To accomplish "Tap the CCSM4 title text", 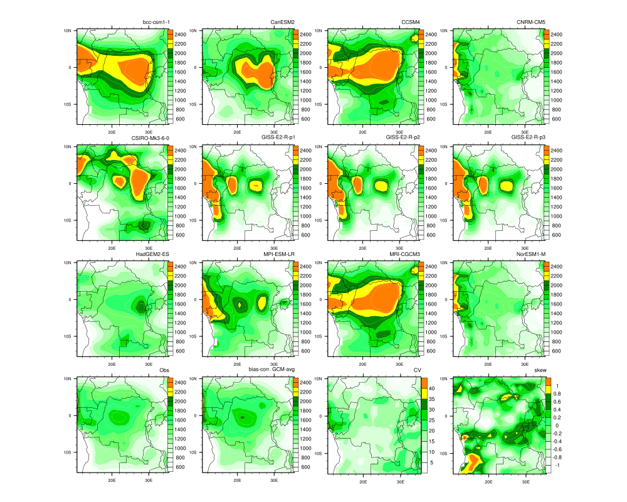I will pyautogui.click(x=411, y=23).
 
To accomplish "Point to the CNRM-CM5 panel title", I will pyautogui.click(x=530, y=23).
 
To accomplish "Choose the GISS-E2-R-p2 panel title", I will pyautogui.click(x=402, y=138).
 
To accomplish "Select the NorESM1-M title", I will pyautogui.click(x=530, y=254).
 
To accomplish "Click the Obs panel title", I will pyautogui.click(x=164, y=370).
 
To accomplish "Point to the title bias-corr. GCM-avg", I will pyautogui.click(x=267, y=370).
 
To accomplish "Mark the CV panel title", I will pyautogui.click(x=417, y=370).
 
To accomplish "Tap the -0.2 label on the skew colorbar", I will pyautogui.click(x=559, y=434).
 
